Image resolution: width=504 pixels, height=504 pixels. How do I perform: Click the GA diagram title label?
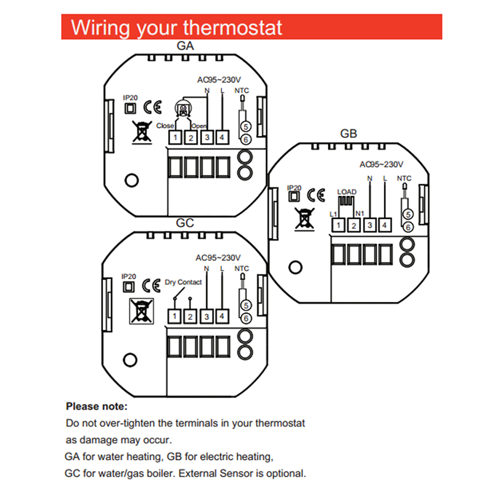185,46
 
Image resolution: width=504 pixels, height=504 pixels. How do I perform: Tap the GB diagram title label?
349,134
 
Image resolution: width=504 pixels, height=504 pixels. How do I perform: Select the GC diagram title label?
185,223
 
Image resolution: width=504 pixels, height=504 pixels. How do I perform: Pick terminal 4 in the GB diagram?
384,225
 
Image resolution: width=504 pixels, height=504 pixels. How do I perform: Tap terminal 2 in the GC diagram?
190,316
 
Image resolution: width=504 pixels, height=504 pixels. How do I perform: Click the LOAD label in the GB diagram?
347,192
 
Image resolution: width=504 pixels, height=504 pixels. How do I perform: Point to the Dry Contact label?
183,282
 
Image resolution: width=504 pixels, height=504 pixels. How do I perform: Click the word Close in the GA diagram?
165,126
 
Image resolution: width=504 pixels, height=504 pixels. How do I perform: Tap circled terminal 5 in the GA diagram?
245,127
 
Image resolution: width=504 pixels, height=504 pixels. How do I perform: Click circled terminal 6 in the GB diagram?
408,227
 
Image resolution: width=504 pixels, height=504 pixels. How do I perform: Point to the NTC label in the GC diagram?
242,269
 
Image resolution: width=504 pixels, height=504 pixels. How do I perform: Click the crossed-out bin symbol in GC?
141,310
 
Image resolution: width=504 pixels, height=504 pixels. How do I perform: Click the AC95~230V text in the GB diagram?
381,164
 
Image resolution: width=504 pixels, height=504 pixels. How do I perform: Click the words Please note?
97,406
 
